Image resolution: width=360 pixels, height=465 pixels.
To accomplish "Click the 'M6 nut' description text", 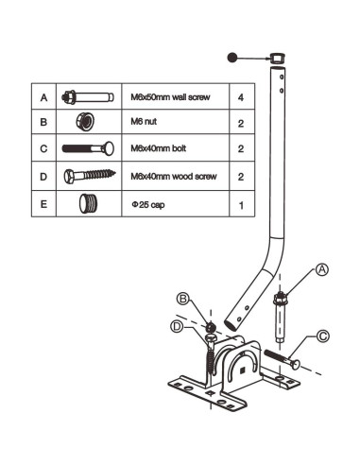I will pos(143,123).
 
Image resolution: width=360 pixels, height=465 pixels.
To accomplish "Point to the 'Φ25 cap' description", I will pos(145,203).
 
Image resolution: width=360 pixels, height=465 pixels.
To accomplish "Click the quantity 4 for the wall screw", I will pos(243,96).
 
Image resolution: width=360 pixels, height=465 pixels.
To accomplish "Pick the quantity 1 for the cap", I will pos(243,203).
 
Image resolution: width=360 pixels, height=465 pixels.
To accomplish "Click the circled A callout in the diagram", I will pos(321,269).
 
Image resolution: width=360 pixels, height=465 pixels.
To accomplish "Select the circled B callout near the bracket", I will pos(183,301).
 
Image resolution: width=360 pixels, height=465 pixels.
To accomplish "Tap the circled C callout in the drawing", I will pos(322,334).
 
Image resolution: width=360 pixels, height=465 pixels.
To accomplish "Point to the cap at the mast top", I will pos(275,60).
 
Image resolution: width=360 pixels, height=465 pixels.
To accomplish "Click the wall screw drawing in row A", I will pos(90,96).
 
